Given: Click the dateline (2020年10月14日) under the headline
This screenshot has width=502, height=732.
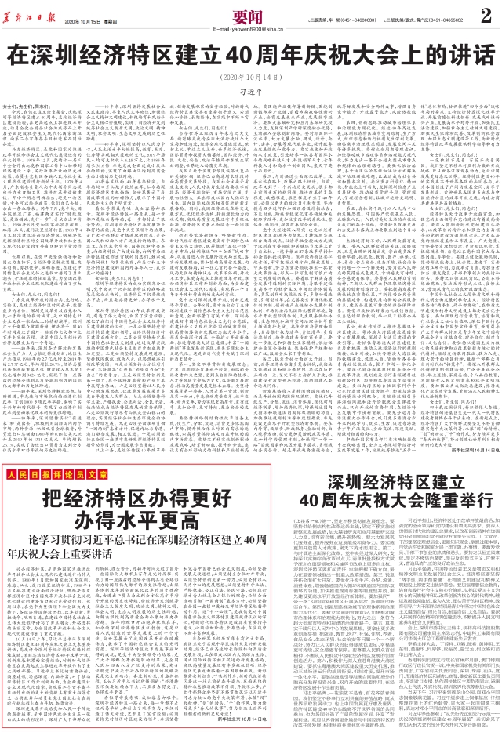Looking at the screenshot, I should pos(251,78).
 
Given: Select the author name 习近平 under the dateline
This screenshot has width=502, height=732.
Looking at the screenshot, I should pos(251,90).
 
